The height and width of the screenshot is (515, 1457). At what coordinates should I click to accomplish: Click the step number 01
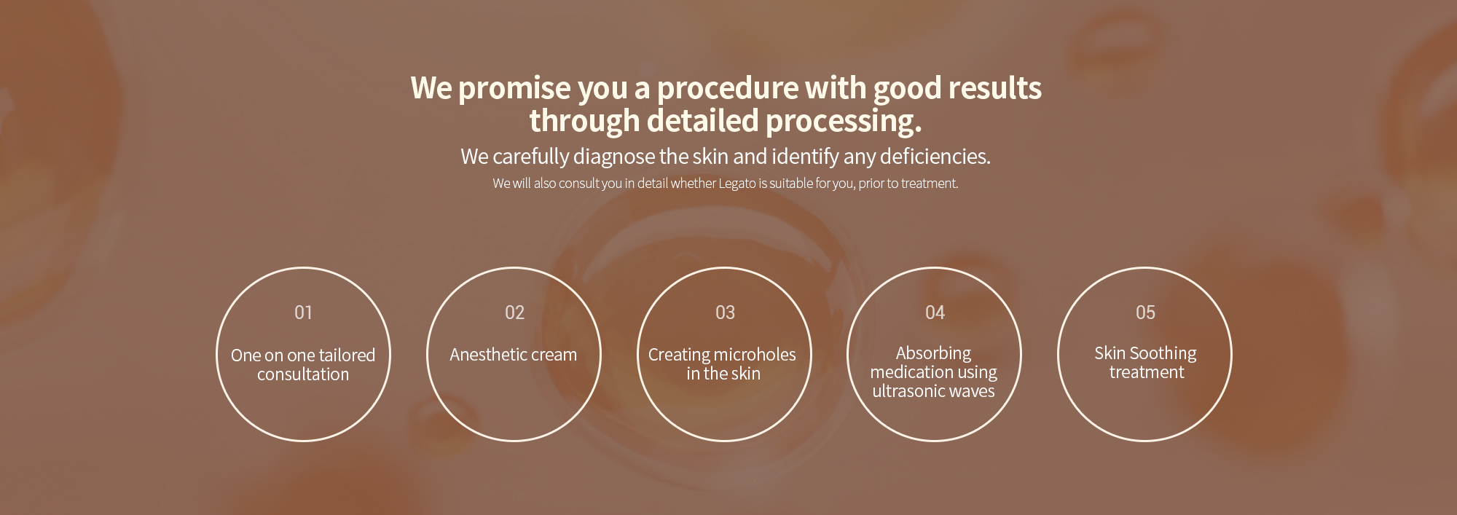pyautogui.click(x=303, y=312)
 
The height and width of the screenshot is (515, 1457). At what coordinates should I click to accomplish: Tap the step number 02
pyautogui.click(x=514, y=312)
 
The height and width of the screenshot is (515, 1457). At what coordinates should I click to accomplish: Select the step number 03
pyautogui.click(x=725, y=312)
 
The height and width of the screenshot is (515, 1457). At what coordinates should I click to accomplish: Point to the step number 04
pyautogui.click(x=935, y=312)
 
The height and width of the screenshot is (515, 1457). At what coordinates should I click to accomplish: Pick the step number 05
pyautogui.click(x=1145, y=312)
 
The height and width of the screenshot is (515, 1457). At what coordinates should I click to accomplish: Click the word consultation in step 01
pyautogui.click(x=303, y=374)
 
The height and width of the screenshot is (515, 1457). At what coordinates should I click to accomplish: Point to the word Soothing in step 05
pyautogui.click(x=1163, y=354)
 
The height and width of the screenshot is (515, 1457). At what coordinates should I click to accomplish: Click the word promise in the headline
pyautogui.click(x=514, y=88)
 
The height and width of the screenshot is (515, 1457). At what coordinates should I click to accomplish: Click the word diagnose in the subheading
pyautogui.click(x=614, y=157)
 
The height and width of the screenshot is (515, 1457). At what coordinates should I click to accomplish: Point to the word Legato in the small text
pyautogui.click(x=737, y=184)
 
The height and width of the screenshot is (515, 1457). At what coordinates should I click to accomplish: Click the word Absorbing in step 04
pyautogui.click(x=933, y=354)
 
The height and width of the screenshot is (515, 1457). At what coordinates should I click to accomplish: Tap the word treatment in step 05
pyautogui.click(x=1147, y=372)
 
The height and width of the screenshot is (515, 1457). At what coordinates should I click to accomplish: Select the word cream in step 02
pyautogui.click(x=554, y=355)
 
